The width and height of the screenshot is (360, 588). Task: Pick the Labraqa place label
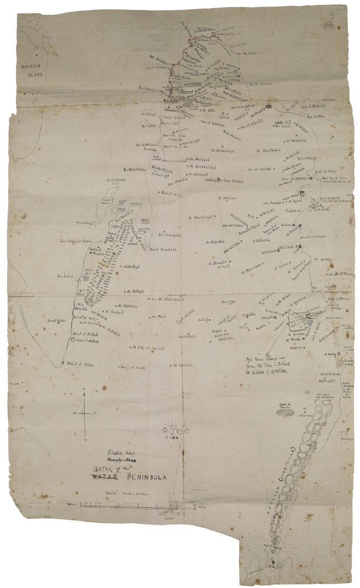pos(131,266)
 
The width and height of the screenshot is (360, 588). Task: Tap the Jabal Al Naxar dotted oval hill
pos(285,413)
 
